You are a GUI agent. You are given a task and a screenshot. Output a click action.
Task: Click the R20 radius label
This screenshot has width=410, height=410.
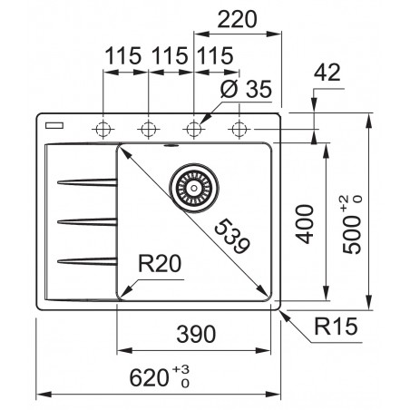[x=162, y=265]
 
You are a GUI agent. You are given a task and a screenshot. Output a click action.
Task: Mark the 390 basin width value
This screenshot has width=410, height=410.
[x=195, y=333]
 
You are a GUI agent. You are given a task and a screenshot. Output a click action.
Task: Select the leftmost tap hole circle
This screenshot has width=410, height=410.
[x=103, y=127]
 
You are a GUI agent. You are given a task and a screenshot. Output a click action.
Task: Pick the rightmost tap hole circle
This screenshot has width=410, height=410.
[x=239, y=127]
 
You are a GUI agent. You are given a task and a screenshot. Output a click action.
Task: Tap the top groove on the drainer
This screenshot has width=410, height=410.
[x=86, y=182]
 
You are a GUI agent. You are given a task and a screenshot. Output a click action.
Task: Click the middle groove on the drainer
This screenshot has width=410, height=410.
[x=86, y=220]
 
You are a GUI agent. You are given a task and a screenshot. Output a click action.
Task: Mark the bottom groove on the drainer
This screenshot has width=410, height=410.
[x=86, y=260]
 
